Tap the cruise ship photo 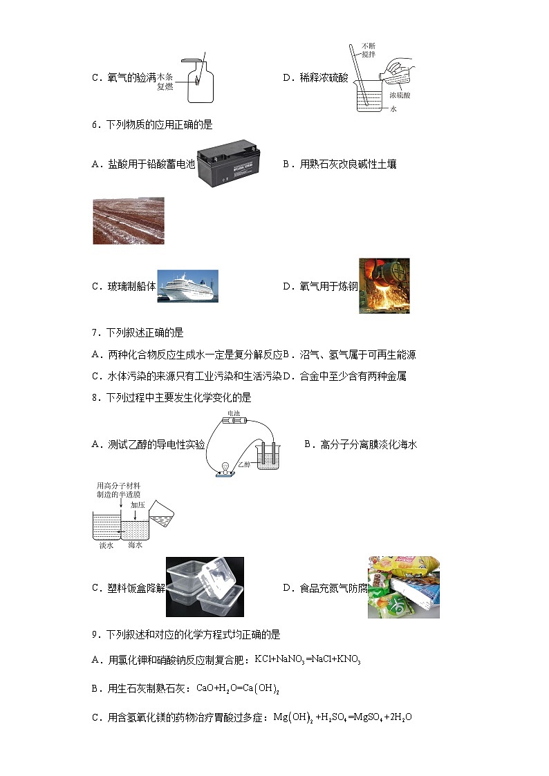click(188, 285)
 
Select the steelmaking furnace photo click(384, 285)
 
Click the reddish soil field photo click(129, 220)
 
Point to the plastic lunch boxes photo click(207, 587)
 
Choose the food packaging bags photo click(403, 587)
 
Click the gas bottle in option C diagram click(198, 79)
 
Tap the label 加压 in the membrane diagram click(138, 504)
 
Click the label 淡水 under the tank click(106, 545)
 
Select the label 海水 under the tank click(136, 545)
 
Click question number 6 click(95, 125)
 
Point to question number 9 click(95, 635)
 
